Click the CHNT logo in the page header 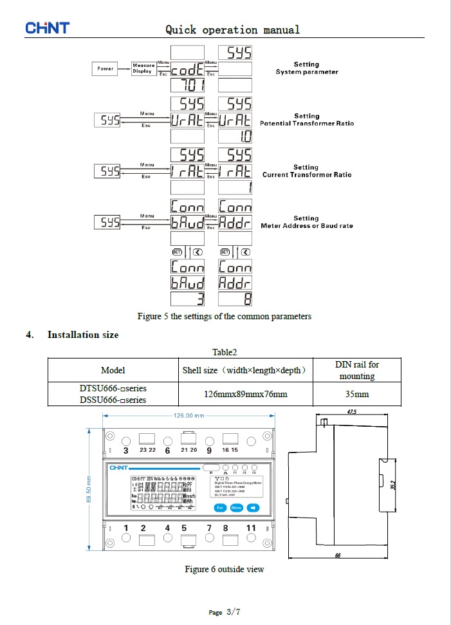[x=47, y=28]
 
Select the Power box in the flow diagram [x=105, y=68]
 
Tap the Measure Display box [x=143, y=68]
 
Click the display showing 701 [x=187, y=85]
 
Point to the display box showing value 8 [x=235, y=299]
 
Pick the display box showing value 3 [x=187, y=299]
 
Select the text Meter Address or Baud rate [x=307, y=226]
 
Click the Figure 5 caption [x=224, y=316]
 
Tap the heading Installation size [x=83, y=335]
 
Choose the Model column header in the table [x=113, y=370]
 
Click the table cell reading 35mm [x=357, y=394]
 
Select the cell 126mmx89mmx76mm [x=245, y=394]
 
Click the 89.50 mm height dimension [x=89, y=490]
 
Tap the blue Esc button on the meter [x=220, y=507]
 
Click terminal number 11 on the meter [x=251, y=528]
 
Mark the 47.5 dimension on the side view [x=351, y=411]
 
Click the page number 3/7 [x=233, y=611]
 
